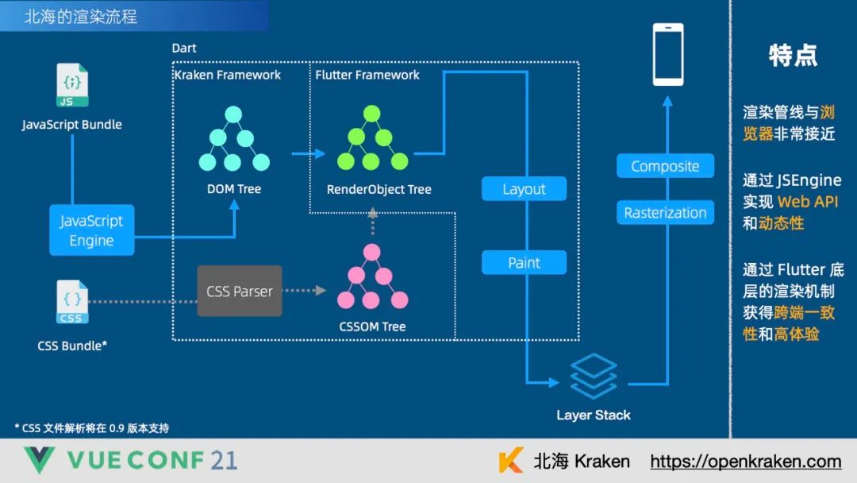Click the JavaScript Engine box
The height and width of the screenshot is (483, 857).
(x=91, y=230)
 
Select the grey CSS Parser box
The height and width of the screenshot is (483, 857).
(x=240, y=291)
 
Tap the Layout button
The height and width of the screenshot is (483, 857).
(x=524, y=189)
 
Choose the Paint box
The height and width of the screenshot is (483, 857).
(x=524, y=263)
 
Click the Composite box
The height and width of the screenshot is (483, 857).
(x=665, y=166)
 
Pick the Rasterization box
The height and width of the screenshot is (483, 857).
(x=665, y=213)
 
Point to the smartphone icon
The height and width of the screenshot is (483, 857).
(x=667, y=54)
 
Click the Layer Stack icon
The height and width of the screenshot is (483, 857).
(x=593, y=377)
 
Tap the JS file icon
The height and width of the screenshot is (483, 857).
(x=72, y=86)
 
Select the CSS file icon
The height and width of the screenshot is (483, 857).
(x=71, y=302)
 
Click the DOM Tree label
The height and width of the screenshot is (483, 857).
(x=234, y=189)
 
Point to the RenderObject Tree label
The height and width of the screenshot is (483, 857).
(x=379, y=189)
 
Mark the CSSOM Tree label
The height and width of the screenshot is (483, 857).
(x=372, y=327)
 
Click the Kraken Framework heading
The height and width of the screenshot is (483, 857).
(x=228, y=75)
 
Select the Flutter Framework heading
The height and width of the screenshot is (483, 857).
(x=367, y=75)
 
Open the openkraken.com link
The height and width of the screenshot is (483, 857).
(x=745, y=462)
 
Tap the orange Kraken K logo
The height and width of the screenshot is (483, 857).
(x=511, y=461)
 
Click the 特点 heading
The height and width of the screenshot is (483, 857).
(x=793, y=55)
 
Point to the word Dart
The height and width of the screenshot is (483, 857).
(x=184, y=48)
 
